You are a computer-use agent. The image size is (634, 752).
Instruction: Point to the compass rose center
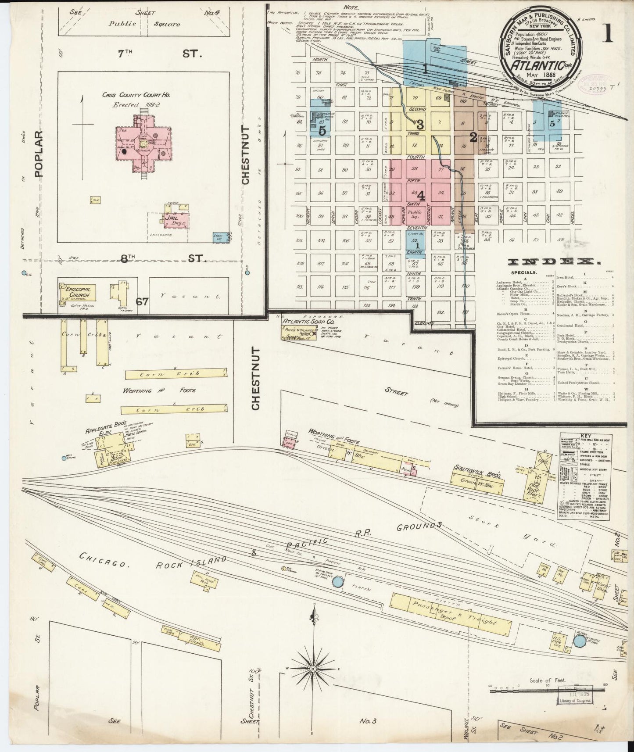pos(313,668)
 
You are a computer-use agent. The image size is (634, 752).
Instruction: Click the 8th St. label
pos(160,259)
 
